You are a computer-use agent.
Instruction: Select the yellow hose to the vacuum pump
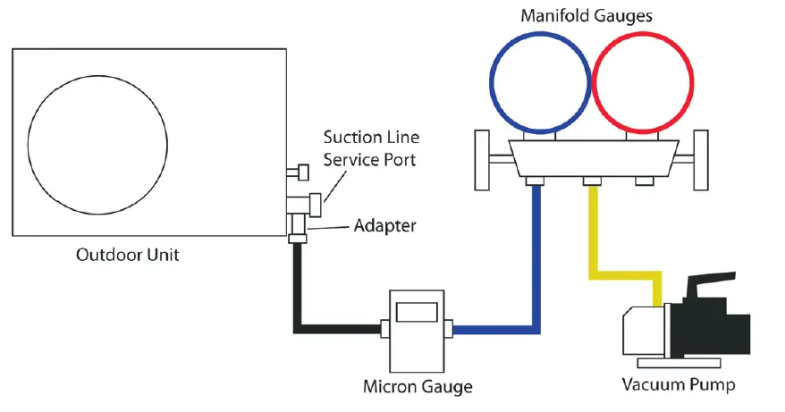[x=591, y=232]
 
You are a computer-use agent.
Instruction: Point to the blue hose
[x=536, y=268]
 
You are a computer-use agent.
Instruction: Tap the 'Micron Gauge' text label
[x=418, y=387]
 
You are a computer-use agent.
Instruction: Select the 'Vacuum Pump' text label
[x=679, y=386]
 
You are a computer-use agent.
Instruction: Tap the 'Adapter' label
[x=384, y=225]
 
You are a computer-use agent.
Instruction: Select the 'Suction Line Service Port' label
[x=371, y=149]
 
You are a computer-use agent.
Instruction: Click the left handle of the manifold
[x=483, y=160]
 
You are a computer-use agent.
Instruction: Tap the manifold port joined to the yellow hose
[x=591, y=181]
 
